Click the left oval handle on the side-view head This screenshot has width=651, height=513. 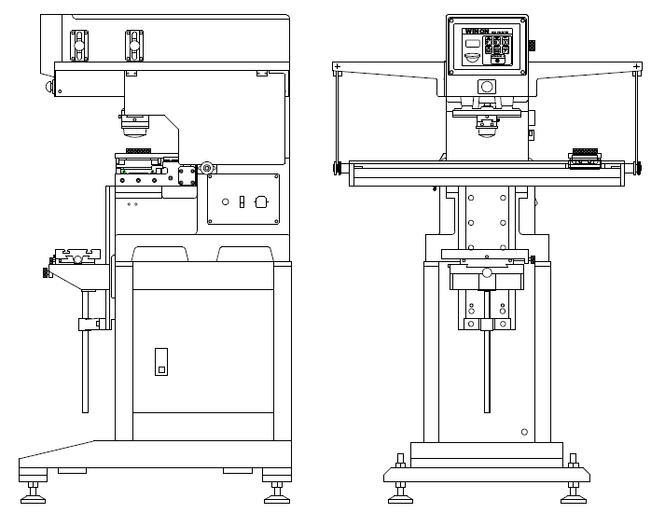pyautogui.click(x=80, y=43)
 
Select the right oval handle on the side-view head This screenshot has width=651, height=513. pyautogui.click(x=133, y=42)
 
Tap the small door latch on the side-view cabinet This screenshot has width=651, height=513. pyautogui.click(x=161, y=363)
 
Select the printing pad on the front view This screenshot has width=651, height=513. pyautogui.click(x=486, y=127)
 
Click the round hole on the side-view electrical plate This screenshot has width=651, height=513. pyautogui.click(x=225, y=201)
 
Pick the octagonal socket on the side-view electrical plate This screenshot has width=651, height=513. pyautogui.click(x=261, y=200)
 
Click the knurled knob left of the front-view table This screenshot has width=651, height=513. pyautogui.click(x=335, y=168)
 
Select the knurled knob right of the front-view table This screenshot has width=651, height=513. pyautogui.click(x=639, y=168)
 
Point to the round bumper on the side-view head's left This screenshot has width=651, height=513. pyautogui.click(x=48, y=88)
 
